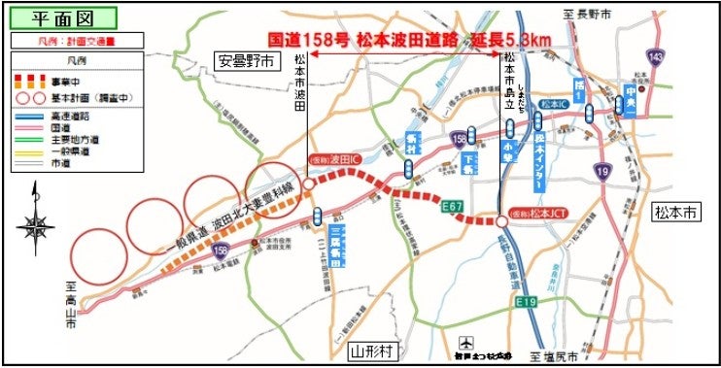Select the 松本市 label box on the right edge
[x=674, y=211]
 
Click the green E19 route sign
[x=527, y=302]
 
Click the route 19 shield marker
[x=603, y=171]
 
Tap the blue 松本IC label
[x=552, y=104]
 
